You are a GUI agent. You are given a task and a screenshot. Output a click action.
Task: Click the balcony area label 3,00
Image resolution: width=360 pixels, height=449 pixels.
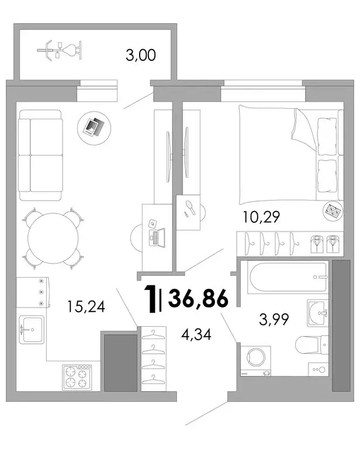[x=141, y=55]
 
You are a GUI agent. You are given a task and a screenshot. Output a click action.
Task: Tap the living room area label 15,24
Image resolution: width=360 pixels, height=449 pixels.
[x=86, y=306]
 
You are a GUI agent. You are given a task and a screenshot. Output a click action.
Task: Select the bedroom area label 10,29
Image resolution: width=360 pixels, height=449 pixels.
[x=261, y=217]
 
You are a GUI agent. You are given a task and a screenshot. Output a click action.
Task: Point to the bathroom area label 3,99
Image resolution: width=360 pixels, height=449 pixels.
[x=274, y=319]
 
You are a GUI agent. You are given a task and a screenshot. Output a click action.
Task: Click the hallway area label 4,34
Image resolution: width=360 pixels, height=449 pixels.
[x=196, y=334]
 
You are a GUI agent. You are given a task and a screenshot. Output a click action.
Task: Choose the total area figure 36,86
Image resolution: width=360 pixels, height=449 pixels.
[x=198, y=298]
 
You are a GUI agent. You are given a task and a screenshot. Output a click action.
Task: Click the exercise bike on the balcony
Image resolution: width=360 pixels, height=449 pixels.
[x=60, y=50]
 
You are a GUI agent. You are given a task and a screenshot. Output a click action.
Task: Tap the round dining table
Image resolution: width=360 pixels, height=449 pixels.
[x=53, y=239]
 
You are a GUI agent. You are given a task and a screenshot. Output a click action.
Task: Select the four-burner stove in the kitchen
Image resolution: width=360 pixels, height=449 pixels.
[x=77, y=378]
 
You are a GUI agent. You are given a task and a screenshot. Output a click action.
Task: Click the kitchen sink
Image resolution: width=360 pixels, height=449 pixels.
[x=32, y=330]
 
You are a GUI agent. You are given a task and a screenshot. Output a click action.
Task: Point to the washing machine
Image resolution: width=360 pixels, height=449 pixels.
[x=256, y=361]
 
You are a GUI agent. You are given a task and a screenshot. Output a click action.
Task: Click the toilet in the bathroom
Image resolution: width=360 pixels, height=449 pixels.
[x=312, y=345]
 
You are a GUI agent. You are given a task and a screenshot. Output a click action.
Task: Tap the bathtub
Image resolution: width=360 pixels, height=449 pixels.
[x=288, y=277]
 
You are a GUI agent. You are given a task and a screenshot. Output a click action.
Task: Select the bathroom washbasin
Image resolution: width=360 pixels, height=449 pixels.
[x=318, y=313]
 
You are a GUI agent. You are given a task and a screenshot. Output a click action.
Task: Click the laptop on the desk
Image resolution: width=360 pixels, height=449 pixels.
[x=157, y=237]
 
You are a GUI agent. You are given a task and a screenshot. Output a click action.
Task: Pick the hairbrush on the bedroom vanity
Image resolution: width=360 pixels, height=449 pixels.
[x=191, y=208]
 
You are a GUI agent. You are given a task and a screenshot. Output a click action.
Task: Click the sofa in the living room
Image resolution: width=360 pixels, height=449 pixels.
[x=40, y=155]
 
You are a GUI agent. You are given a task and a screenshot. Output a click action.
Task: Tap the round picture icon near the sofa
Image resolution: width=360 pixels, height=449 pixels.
[x=94, y=128]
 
